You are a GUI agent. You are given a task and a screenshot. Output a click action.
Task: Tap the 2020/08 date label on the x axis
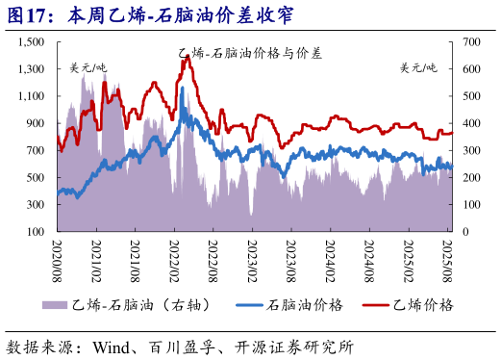[57, 258]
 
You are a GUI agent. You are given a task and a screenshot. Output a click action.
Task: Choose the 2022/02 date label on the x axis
[175, 258]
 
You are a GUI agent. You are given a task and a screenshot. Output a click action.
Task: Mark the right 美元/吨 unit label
[418, 67]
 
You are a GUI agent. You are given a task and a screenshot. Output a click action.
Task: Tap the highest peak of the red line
[185, 57]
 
